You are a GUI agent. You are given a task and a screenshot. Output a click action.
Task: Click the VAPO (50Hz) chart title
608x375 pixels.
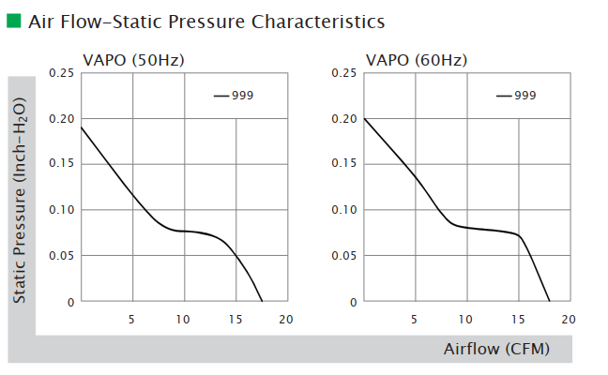133,61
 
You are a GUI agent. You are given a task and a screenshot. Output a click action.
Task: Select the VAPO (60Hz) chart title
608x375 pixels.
417,61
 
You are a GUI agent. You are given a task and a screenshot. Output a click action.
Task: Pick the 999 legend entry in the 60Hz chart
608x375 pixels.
524,96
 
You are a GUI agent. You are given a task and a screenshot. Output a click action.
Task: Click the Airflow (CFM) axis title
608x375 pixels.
495,349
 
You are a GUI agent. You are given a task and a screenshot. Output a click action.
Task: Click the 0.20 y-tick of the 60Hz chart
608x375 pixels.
344,119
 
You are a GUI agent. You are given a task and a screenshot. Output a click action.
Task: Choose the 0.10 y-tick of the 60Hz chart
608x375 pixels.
344,210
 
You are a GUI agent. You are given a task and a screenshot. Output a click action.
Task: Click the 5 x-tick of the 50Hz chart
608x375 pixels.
131,319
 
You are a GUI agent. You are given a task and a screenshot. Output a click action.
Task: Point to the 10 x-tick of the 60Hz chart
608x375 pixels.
465,319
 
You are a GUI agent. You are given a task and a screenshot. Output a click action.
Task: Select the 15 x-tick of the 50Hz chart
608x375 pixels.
235,319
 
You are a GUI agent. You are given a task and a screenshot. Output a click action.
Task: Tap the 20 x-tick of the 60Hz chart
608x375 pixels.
568,319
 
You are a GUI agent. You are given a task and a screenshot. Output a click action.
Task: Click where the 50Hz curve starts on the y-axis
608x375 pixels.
82,127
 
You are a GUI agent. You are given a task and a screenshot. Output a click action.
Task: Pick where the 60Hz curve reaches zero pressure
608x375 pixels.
549,302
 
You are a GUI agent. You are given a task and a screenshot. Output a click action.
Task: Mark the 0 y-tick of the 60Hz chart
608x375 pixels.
354,302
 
